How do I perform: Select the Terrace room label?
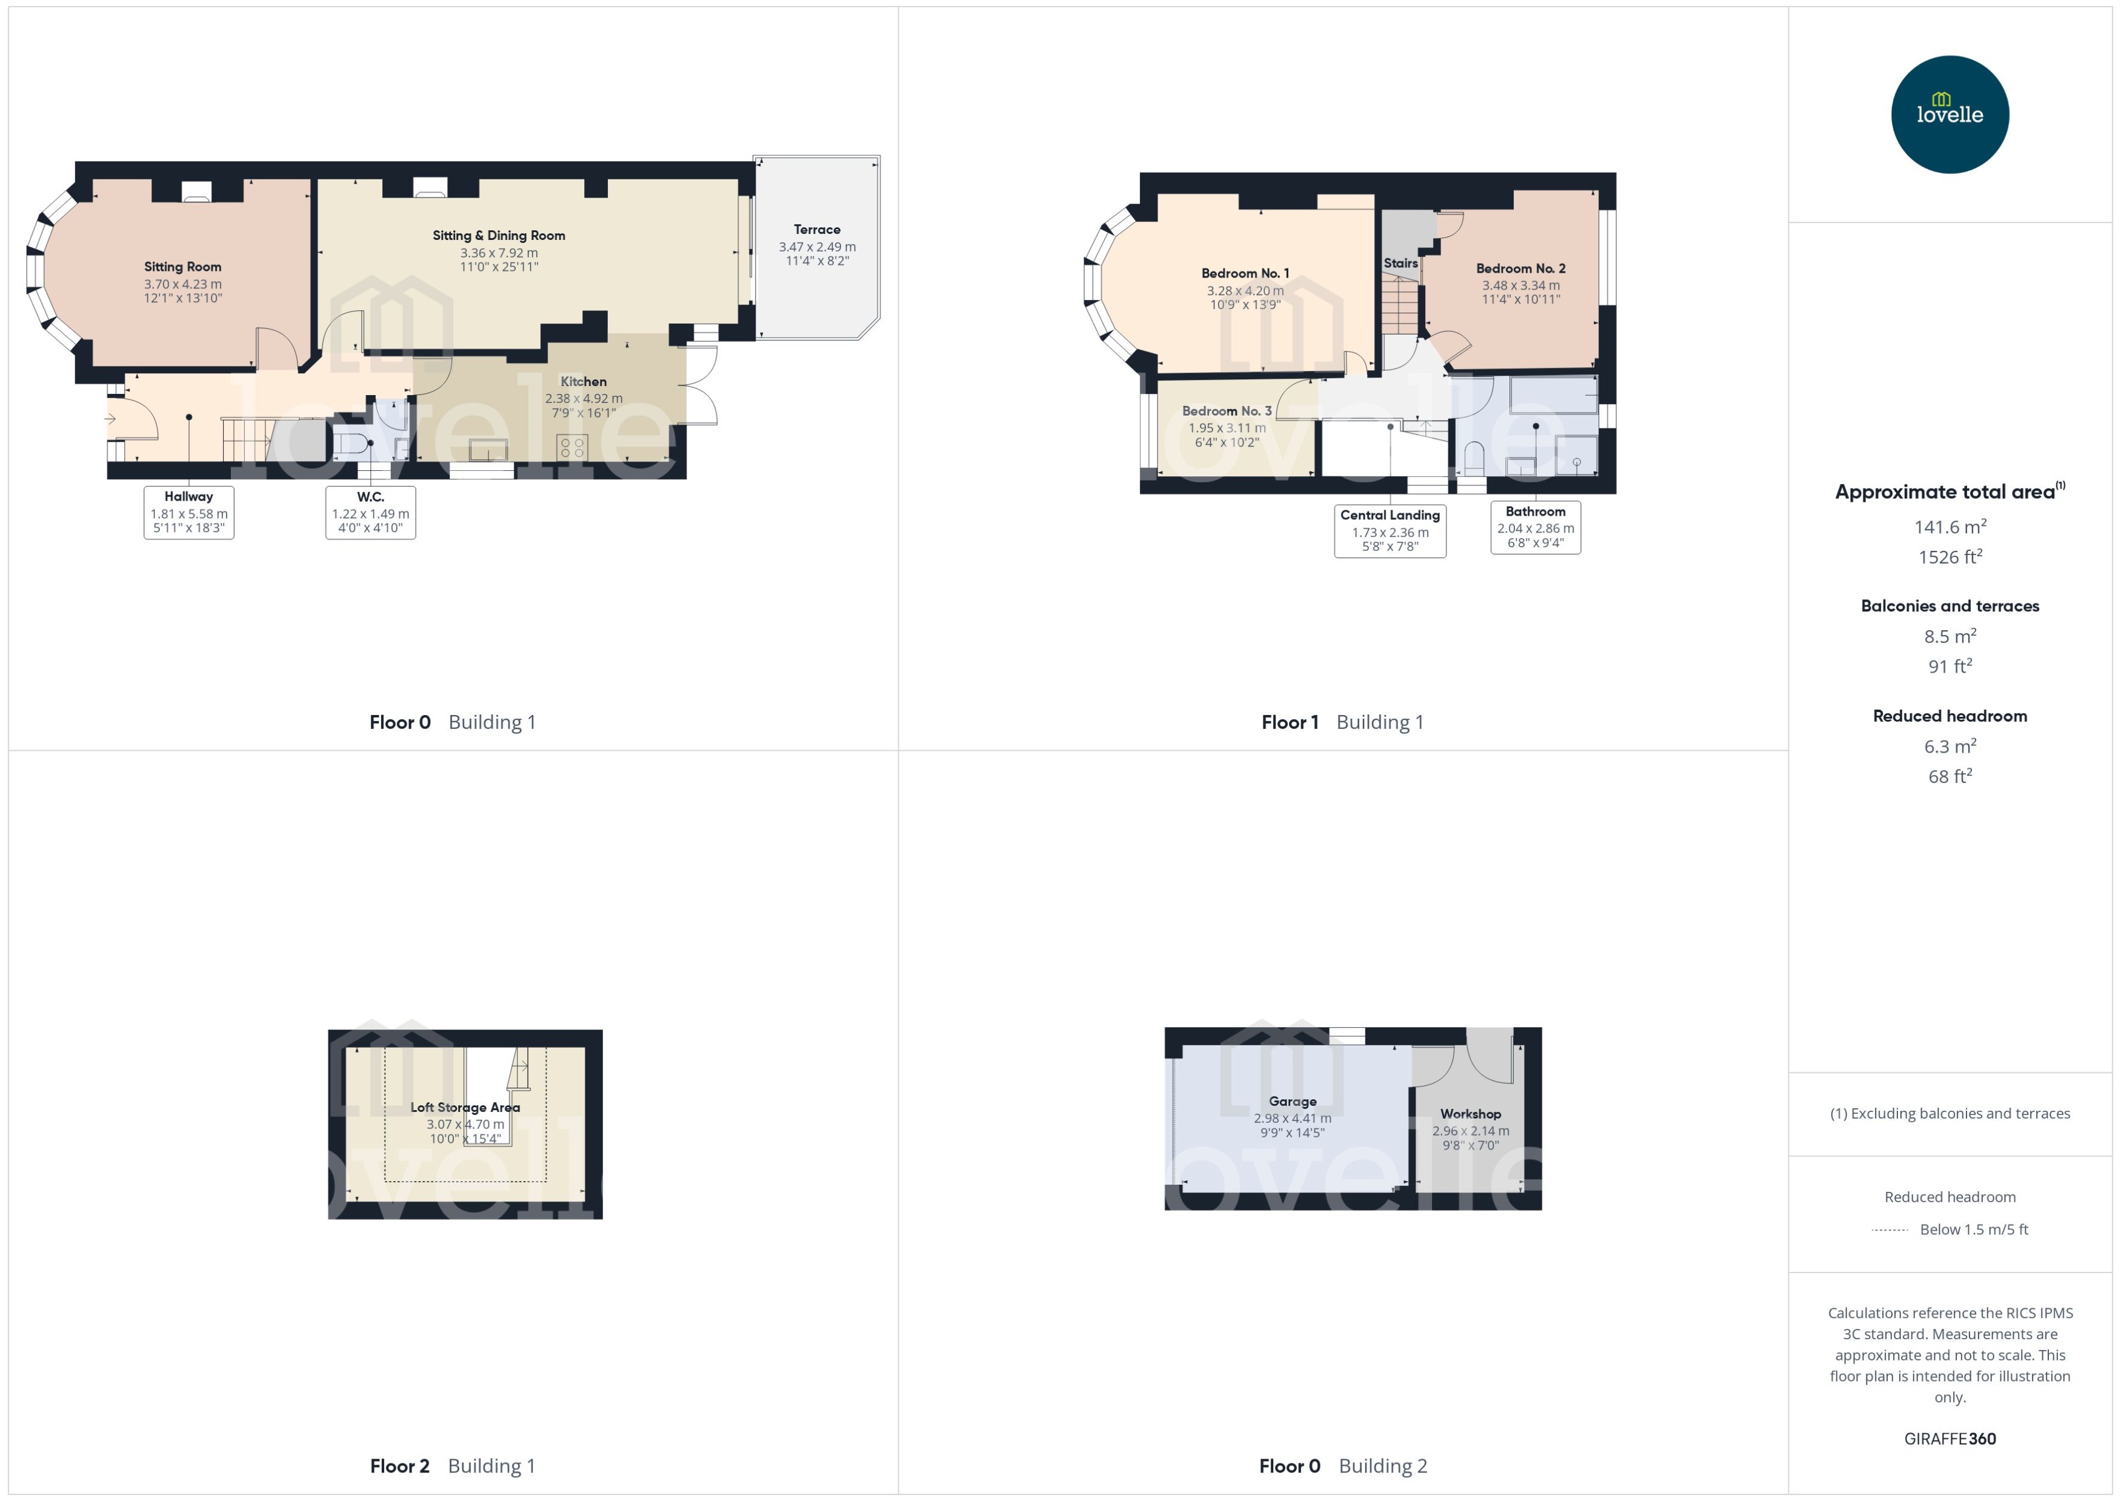coord(817,229)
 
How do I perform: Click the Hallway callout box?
coord(188,512)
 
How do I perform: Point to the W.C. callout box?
coord(371,512)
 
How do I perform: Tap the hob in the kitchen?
coord(572,448)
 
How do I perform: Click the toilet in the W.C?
coord(348,444)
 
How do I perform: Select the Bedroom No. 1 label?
coord(1245,273)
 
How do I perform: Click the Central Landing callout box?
coord(1390,530)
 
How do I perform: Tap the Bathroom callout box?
coord(1535,527)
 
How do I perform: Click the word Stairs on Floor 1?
coord(1400,264)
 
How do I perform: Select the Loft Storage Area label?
coord(465,1107)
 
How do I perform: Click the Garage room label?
coord(1292,1102)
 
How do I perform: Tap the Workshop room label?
coord(1470,1114)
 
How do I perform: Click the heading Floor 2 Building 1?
coord(452,1466)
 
